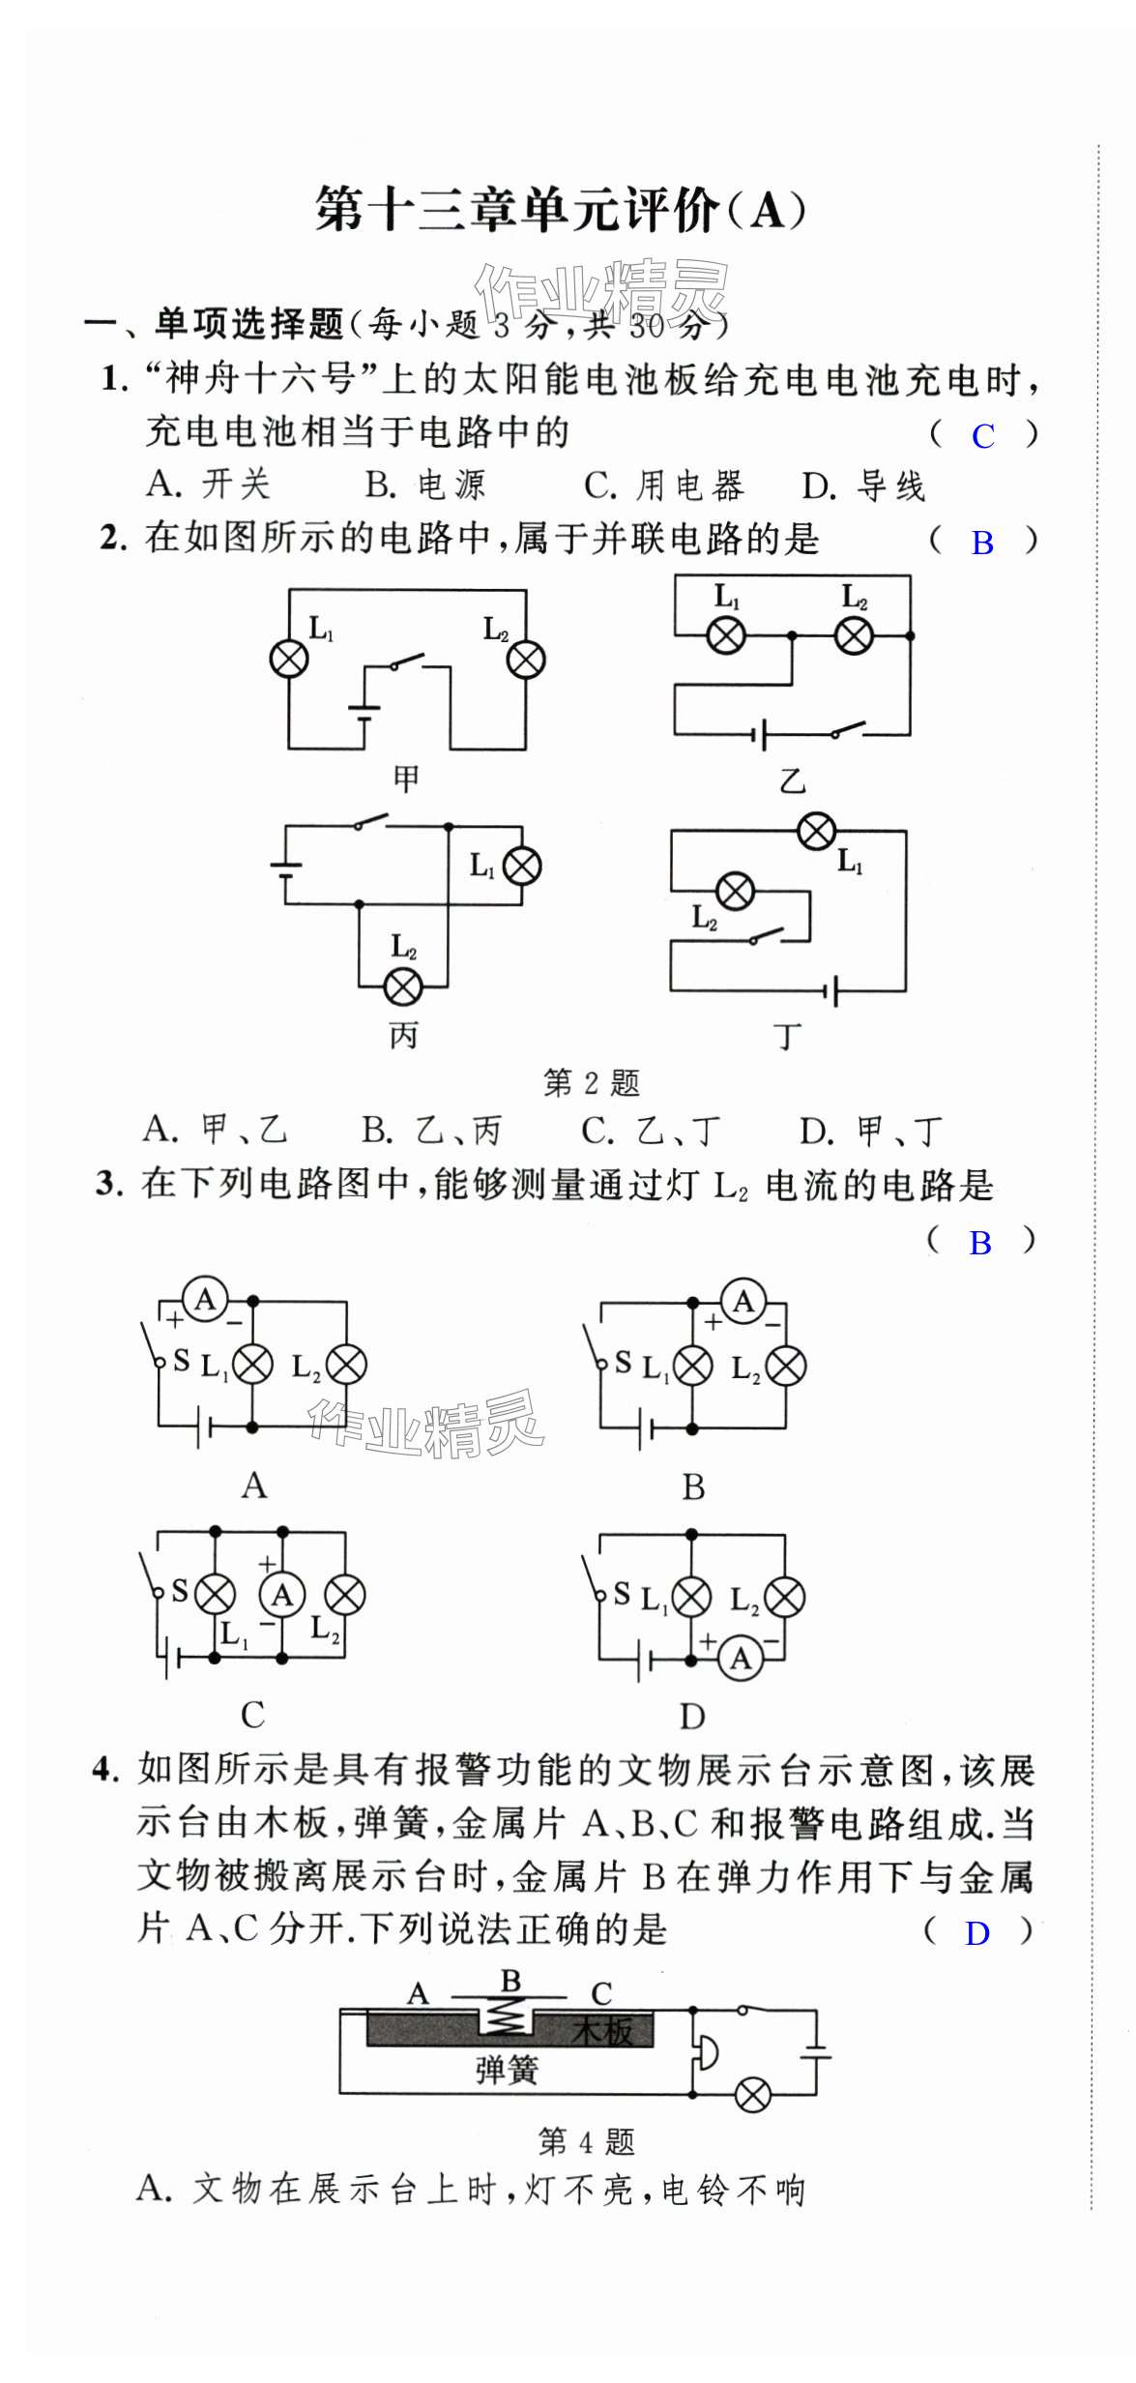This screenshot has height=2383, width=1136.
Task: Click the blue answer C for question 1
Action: coord(983,436)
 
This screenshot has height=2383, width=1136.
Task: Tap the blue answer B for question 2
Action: coord(982,544)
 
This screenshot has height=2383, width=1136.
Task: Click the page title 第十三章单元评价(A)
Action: coord(561,210)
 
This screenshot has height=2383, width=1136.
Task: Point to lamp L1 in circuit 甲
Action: coord(288,660)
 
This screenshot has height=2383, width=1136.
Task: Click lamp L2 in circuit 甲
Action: coord(526,660)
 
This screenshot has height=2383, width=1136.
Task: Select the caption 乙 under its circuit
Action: coord(793,780)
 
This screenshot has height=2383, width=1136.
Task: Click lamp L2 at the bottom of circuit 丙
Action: coord(403,987)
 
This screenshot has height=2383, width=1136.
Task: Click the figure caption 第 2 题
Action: coord(592,1083)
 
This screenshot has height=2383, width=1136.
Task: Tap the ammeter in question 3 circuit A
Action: coord(205,1300)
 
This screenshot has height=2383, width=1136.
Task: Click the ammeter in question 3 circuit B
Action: coord(743,1302)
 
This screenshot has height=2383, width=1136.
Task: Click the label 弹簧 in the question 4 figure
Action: coord(507,2071)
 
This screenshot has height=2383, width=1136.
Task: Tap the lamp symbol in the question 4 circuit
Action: coord(753,2096)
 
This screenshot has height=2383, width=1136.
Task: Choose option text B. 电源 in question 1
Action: coord(425,485)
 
